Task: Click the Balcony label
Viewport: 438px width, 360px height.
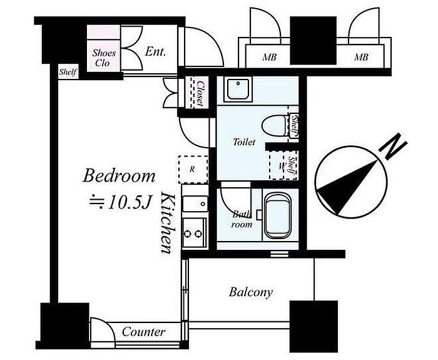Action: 250,292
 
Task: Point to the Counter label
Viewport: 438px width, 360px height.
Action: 143,332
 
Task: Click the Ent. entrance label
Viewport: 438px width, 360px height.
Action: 155,52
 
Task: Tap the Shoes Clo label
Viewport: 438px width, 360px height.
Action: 104,58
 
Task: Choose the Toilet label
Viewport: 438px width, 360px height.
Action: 244,142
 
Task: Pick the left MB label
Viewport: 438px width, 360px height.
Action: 270,58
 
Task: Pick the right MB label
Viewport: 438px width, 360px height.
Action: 361,58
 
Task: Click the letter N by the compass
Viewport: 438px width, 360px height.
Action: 393,148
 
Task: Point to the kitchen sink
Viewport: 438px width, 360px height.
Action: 193,203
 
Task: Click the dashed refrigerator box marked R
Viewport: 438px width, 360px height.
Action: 192,168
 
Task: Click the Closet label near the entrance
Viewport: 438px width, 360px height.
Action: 201,93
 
